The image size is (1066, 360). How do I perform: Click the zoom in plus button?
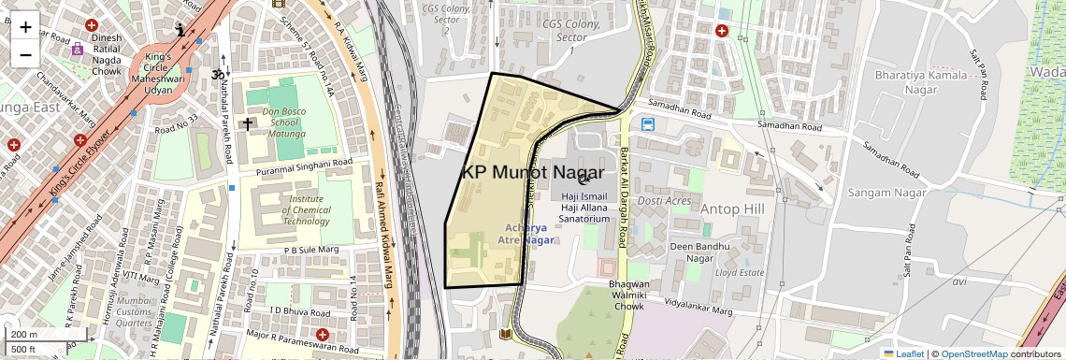pos(25,27)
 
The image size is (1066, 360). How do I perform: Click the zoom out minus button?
pos(25,54)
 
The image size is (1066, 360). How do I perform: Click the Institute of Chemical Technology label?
pos(306,209)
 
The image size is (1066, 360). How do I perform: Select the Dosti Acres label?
pos(664,201)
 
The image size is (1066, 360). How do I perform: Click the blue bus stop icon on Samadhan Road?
pos(647,123)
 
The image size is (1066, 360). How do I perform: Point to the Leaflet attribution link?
pos(903,353)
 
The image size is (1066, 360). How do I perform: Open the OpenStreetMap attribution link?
pos(973,353)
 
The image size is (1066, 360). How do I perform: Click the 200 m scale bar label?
pos(23,335)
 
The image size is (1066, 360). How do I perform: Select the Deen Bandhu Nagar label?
pos(692,252)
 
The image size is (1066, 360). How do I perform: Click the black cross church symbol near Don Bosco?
pos(249,123)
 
